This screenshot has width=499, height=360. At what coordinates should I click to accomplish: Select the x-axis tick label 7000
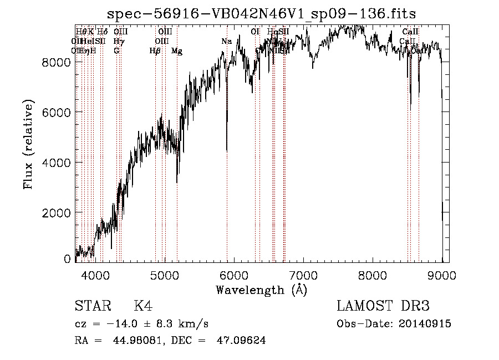coord(303,274)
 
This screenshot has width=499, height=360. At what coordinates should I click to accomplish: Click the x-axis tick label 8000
coord(373,274)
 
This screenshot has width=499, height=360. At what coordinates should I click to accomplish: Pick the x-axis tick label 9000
coord(442,274)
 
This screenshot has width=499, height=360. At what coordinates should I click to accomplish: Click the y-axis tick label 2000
coord(56,213)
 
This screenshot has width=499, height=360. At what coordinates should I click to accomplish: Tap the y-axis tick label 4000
coord(56,163)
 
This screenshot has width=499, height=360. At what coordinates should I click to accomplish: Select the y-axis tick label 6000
coord(56,113)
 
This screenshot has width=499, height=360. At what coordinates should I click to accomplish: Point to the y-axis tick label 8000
coord(56,62)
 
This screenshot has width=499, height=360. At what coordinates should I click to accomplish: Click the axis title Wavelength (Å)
coord(261,290)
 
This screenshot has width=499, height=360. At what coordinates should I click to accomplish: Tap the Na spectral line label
coord(227,41)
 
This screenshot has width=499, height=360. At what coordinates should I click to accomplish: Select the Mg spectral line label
coord(177,50)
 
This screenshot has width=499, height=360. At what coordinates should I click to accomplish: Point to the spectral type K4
coord(143,306)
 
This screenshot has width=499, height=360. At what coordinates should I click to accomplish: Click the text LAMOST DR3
coord(383,306)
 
